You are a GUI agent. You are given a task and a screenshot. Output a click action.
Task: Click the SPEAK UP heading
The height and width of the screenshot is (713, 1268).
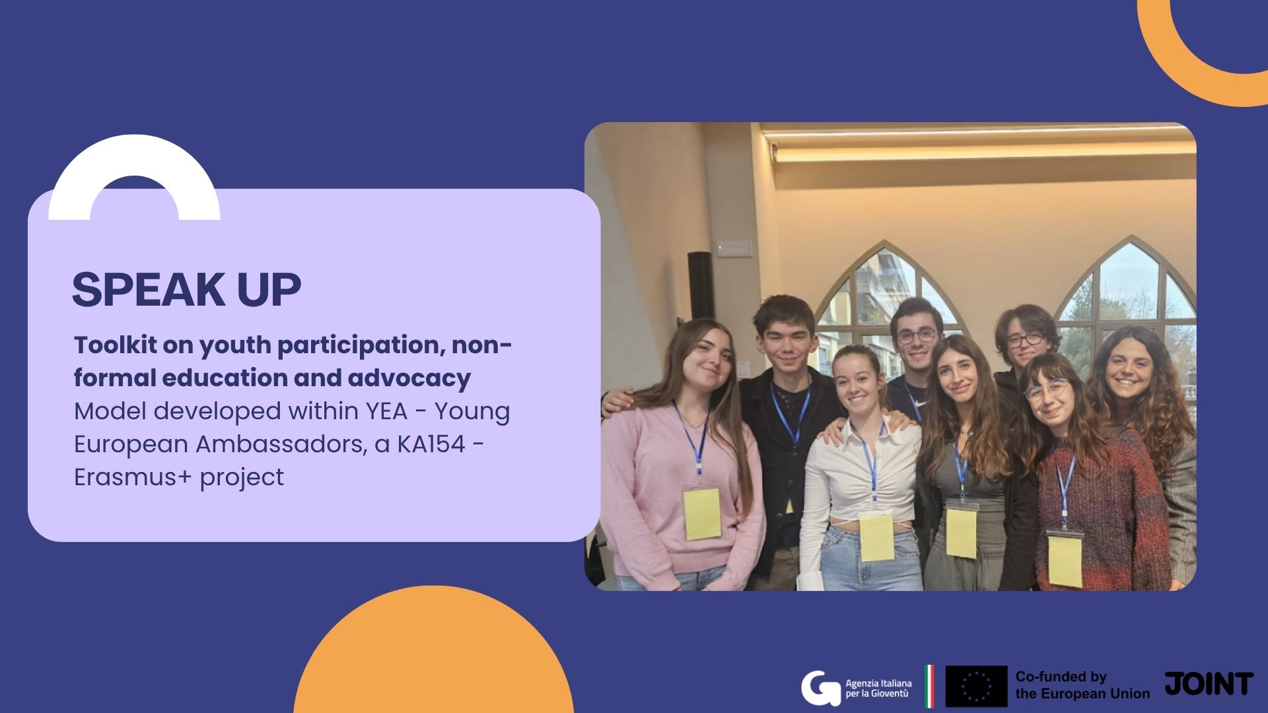(x=186, y=289)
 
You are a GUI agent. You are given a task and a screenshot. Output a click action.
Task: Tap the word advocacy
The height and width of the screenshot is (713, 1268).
(x=409, y=378)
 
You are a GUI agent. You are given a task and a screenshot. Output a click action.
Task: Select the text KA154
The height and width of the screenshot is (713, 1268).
(x=431, y=444)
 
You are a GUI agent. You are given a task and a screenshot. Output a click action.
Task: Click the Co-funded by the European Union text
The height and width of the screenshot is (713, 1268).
(x=1082, y=685)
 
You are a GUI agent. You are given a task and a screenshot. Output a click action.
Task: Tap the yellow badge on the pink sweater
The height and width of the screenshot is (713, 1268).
(x=702, y=514)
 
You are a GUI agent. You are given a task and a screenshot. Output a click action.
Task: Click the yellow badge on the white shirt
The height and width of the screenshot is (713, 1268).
(x=876, y=537)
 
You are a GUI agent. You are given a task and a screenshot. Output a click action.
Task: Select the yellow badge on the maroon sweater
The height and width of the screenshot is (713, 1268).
(x=1065, y=560)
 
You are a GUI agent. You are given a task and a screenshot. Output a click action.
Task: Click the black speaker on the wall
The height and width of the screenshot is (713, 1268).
(x=700, y=285)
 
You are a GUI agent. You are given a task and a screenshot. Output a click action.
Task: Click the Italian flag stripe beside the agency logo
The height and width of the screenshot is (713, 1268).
(x=929, y=686)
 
